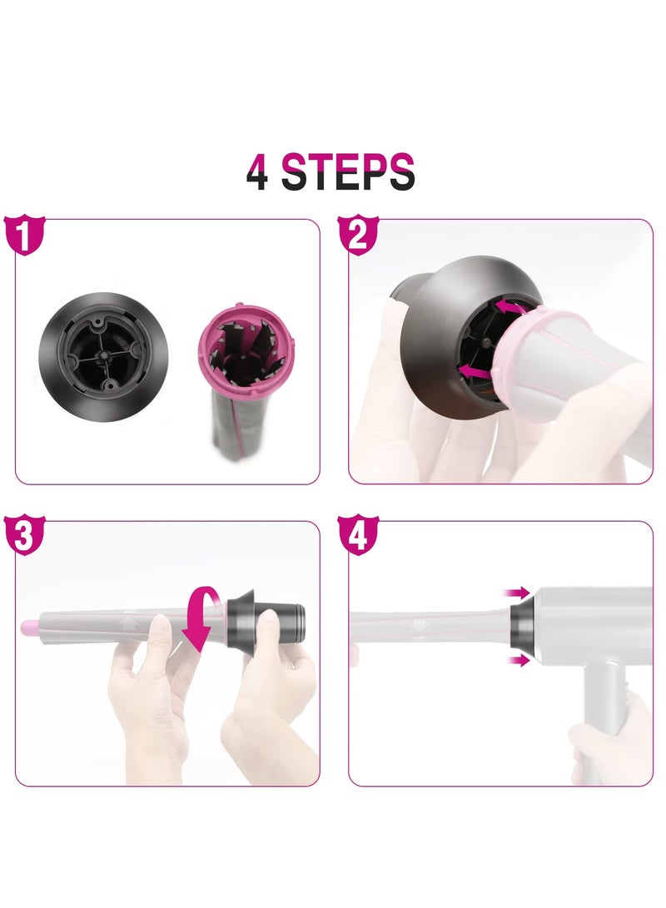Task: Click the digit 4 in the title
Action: click(x=257, y=172)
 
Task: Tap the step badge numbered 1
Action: click(x=24, y=236)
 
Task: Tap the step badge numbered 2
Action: click(x=357, y=236)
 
